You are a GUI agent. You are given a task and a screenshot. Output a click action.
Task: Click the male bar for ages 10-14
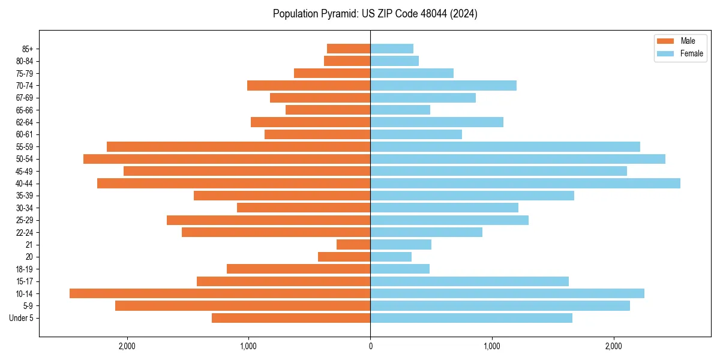click(x=220, y=293)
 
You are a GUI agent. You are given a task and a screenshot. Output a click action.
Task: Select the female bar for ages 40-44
click(x=525, y=184)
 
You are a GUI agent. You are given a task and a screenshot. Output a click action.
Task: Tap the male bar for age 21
click(x=353, y=245)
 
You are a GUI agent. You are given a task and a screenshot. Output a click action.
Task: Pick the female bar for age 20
click(x=391, y=257)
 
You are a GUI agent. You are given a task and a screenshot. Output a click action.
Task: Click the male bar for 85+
click(x=349, y=49)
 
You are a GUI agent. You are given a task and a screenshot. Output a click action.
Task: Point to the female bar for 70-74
click(x=443, y=85)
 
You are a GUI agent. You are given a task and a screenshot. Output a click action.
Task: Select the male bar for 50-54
click(x=227, y=159)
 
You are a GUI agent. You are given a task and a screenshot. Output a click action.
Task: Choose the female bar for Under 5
click(x=471, y=318)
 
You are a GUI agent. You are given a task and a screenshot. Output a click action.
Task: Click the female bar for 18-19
click(x=400, y=269)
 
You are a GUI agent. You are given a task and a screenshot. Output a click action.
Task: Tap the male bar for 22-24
click(x=276, y=232)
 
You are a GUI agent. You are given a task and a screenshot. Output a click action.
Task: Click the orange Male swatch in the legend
click(x=666, y=41)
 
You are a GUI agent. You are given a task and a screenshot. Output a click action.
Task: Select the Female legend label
click(x=691, y=53)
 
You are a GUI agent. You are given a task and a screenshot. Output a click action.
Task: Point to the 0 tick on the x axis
click(x=370, y=346)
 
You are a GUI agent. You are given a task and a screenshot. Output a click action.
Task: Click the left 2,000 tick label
click(x=127, y=346)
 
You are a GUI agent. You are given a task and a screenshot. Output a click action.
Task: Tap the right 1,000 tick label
click(x=491, y=346)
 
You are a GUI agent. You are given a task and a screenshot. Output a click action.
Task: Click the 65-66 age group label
click(x=25, y=110)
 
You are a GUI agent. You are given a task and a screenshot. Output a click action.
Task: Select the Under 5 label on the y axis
click(x=22, y=318)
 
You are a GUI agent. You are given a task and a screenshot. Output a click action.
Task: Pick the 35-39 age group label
click(x=25, y=196)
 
